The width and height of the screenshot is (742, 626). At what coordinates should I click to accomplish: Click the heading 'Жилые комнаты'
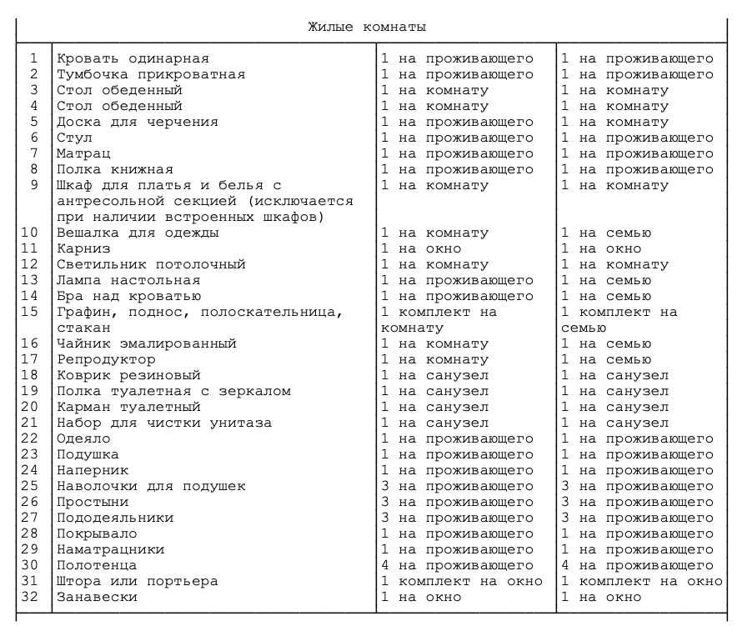point(367,27)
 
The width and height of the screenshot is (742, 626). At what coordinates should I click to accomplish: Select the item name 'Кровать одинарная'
point(133,58)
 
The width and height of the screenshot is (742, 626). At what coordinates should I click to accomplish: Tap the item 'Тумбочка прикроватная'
point(151,74)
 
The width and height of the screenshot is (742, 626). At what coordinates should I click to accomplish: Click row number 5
point(34,122)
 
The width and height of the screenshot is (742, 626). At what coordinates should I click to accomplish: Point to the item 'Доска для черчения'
point(138,122)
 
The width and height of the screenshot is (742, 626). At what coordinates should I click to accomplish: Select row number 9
point(34,185)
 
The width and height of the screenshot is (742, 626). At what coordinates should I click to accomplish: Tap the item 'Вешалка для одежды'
point(138,233)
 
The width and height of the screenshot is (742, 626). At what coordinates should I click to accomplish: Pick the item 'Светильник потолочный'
point(151,264)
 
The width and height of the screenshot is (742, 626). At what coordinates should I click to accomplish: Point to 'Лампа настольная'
point(128,280)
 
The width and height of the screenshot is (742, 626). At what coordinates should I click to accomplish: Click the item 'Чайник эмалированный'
point(147,343)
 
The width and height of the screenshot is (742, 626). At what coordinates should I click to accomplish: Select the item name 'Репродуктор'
point(106,359)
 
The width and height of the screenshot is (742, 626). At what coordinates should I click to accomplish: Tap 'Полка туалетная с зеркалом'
point(173,391)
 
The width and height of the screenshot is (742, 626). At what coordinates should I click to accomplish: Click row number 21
point(30,423)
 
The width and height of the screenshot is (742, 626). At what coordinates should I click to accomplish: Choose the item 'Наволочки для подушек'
point(151,486)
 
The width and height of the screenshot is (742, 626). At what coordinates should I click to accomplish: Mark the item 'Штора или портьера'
point(138,581)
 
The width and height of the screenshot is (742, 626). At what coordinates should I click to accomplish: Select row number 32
point(30,597)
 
